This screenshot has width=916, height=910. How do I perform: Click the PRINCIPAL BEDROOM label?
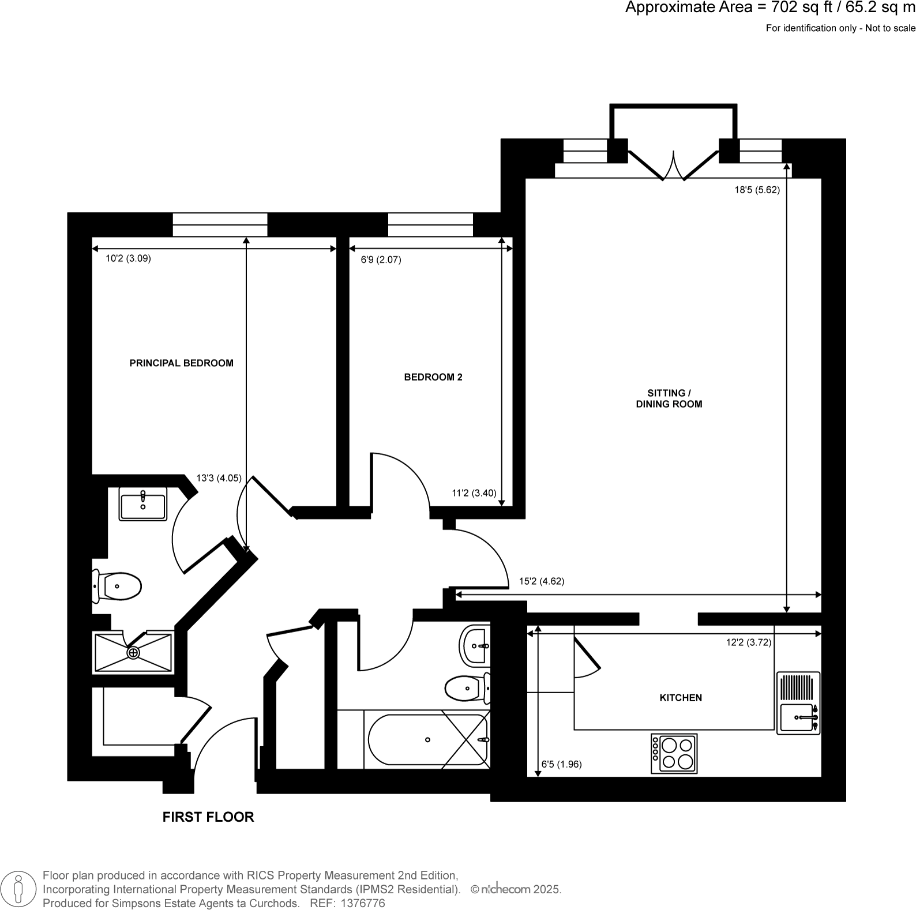[181, 363]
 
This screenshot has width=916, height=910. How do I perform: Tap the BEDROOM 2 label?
[433, 377]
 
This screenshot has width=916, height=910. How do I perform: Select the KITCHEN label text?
[681, 698]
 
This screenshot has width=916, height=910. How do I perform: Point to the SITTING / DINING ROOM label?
[669, 398]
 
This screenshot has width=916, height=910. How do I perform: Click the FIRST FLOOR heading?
[208, 817]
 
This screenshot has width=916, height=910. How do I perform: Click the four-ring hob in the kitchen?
[674, 753]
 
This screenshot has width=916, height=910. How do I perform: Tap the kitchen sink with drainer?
[798, 703]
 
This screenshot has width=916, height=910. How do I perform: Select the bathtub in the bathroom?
[427, 740]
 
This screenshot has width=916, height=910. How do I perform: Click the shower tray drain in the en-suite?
[133, 653]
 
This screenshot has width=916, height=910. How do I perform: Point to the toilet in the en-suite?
[118, 586]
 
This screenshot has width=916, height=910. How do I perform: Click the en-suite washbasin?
[142, 503]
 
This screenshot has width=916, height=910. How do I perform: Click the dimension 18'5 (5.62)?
[757, 190]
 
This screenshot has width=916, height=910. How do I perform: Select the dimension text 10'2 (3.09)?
[128, 259]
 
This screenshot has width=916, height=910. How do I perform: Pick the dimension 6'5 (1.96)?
[561, 765]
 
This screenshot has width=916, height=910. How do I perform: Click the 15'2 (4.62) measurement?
[542, 581]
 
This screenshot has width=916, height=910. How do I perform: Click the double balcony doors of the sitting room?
[673, 166]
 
